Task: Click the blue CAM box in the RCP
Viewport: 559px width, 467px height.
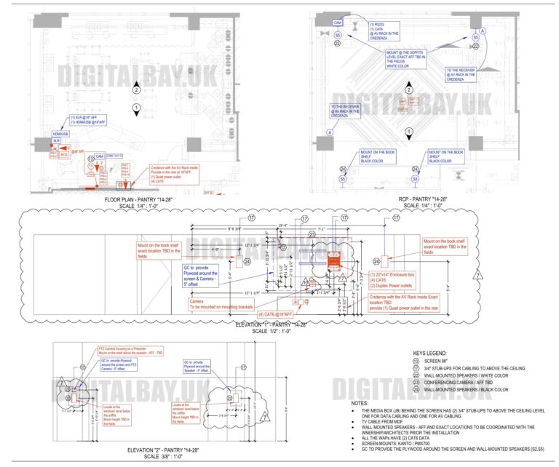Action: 338,23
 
